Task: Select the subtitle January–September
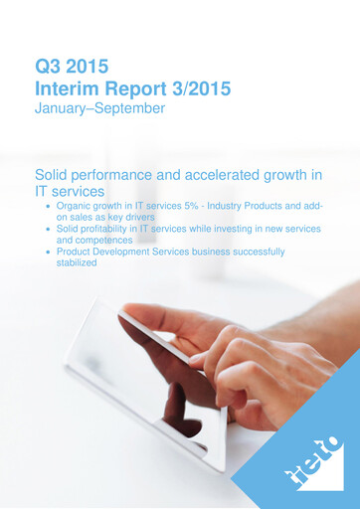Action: pos(99,108)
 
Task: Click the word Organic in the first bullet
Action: pos(77,205)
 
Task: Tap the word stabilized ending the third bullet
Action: pos(77,263)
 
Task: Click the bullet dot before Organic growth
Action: pos(49,206)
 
